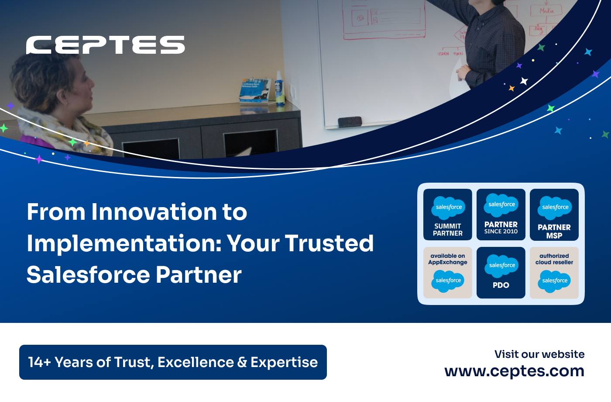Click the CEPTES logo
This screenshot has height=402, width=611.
[105, 45]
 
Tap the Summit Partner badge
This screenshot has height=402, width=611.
[448, 215]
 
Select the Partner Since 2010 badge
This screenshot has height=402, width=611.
[501, 215]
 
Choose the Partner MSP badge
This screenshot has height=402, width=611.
[554, 215]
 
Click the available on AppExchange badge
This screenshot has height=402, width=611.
[448, 273]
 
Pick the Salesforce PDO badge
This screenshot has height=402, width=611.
[501, 273]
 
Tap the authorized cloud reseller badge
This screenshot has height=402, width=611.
[554, 273]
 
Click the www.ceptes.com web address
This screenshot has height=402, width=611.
[514, 371]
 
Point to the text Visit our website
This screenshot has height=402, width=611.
[539, 354]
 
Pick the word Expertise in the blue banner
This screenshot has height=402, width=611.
[284, 362]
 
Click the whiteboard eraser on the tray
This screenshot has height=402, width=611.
[350, 121]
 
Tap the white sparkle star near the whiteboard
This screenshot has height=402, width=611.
[524, 81]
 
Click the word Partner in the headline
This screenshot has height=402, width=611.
[199, 275]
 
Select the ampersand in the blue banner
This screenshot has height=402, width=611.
[242, 362]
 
